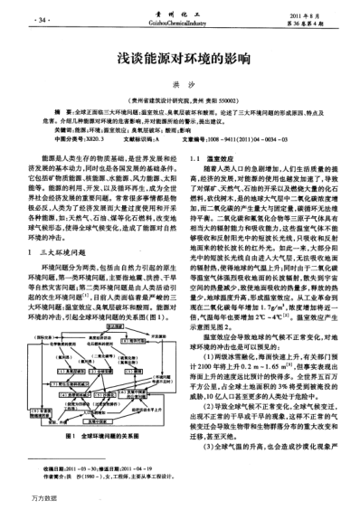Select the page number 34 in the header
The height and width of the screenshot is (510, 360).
coord(42,19)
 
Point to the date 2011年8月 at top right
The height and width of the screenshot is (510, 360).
coord(305,15)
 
